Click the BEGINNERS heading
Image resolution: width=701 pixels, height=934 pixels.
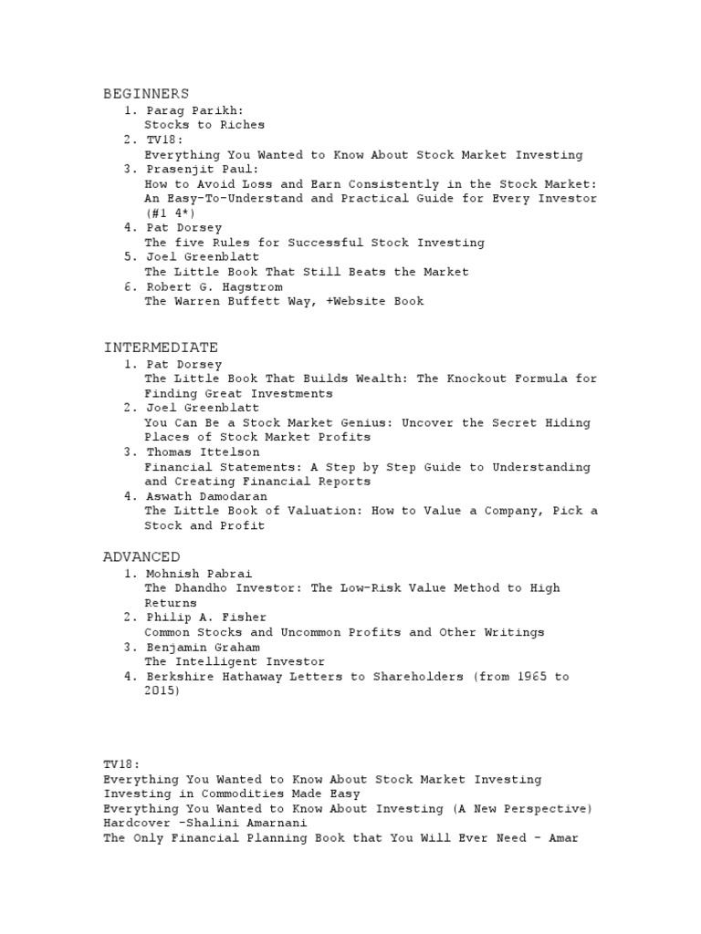coord(146,94)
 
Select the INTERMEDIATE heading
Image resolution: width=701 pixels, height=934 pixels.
coord(161,348)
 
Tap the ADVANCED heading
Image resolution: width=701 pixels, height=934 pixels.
coord(141,556)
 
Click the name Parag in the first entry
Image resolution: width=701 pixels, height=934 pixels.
coord(164,110)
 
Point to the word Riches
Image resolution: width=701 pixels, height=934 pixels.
coord(242,125)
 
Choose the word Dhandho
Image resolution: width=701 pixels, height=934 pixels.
coord(204,588)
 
